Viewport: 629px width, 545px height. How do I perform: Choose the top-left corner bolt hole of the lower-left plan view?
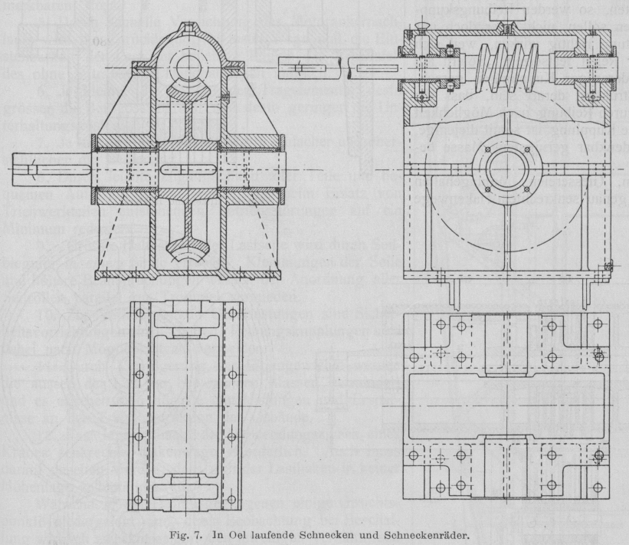coord(139,314)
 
